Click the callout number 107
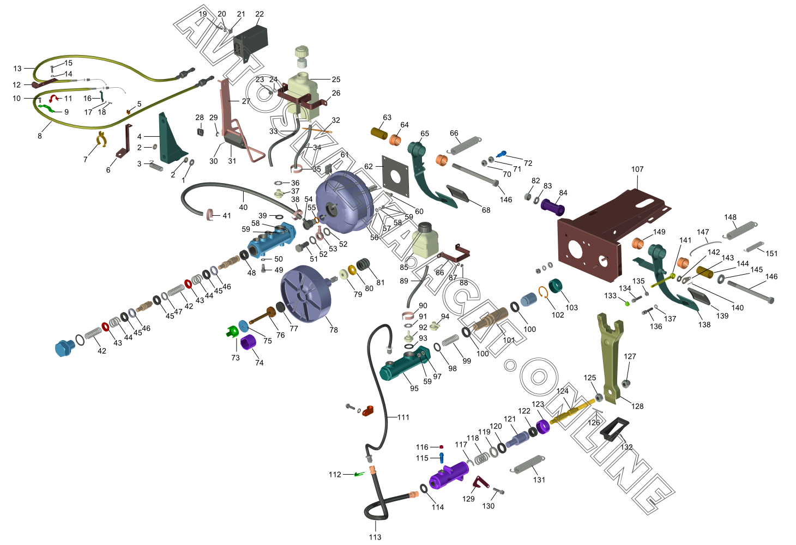[637, 169]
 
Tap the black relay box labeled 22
[250, 40]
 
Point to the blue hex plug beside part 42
[64, 348]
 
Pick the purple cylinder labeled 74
[249, 344]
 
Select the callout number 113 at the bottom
[375, 537]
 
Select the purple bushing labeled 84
[553, 208]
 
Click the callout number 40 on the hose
[243, 207]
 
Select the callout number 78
[334, 330]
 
